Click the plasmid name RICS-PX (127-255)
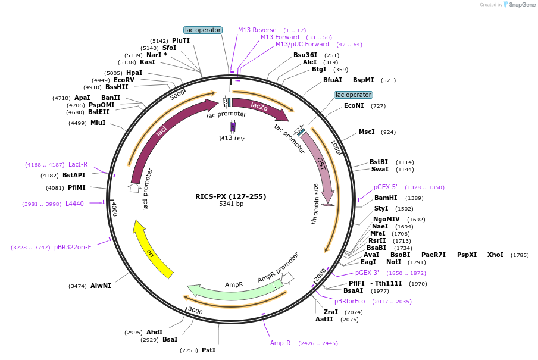(231, 196)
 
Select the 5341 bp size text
(231, 204)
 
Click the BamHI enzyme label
(386, 198)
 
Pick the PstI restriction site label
(208, 350)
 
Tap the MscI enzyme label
(367, 132)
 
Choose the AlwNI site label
(101, 286)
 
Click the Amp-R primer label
(280, 343)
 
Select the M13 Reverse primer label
(257, 30)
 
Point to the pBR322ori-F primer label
(73, 247)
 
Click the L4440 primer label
(74, 204)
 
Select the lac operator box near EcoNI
(354, 95)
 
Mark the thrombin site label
(316, 204)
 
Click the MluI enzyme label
(98, 123)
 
